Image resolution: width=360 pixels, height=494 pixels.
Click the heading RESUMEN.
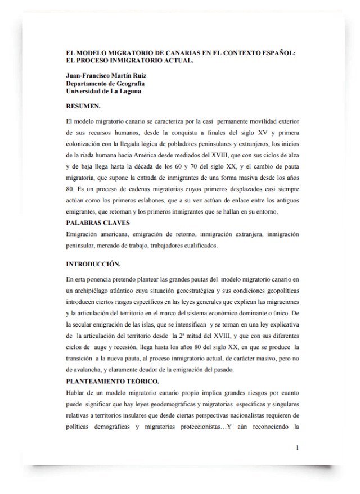[x=83, y=106]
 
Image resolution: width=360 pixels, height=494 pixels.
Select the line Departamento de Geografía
[x=105, y=83]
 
